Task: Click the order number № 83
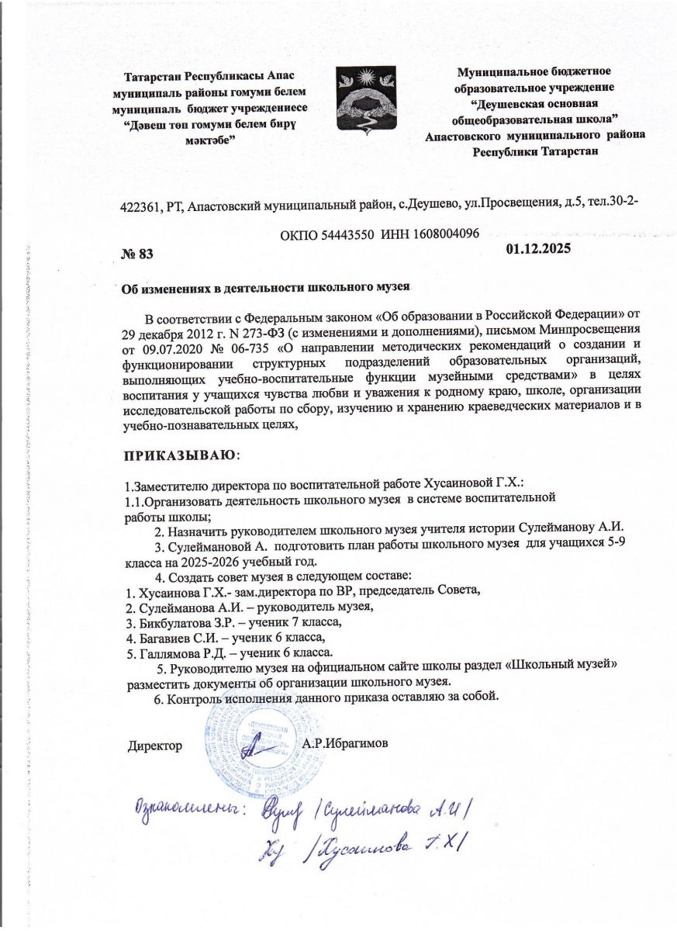140,254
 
